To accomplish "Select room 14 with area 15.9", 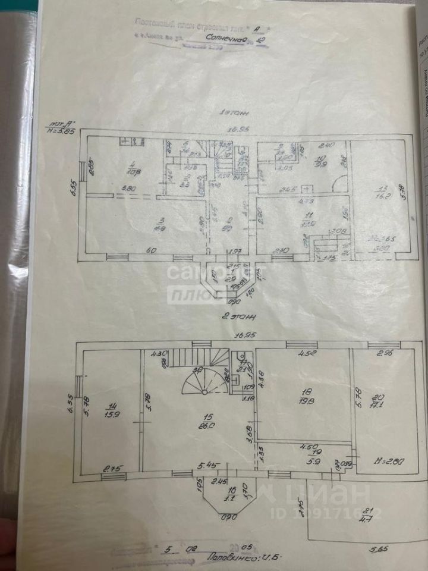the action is tap(111, 410).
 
